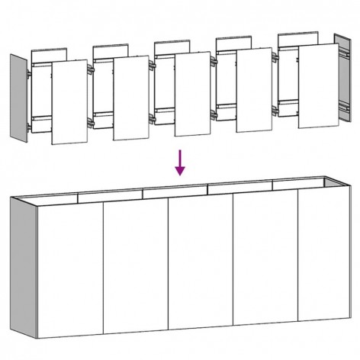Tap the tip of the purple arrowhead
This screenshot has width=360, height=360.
coord(181,175)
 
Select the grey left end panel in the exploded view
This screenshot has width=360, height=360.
coord(20,96)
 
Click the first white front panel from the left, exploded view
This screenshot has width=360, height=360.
coord(69,101)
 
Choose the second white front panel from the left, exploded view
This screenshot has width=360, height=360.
coord(130,96)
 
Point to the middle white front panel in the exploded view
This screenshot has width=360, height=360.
coord(192,93)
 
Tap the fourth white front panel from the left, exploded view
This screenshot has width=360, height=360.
coord(254,89)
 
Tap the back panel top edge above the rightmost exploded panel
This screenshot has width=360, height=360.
coord(297,34)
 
